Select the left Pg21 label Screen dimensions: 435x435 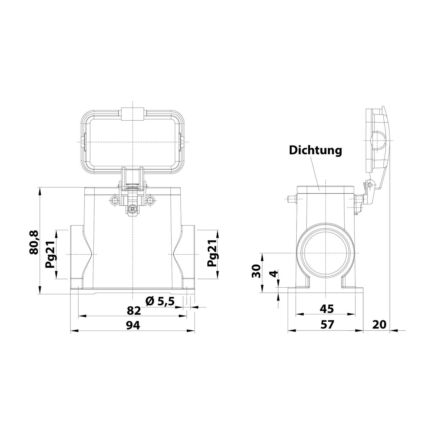coord(50,254)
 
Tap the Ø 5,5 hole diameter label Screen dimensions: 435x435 coord(160,302)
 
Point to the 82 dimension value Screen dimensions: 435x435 coord(134,311)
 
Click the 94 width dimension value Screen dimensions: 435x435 coord(133,325)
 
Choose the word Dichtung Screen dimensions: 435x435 coord(316,150)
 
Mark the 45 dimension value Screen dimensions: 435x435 coord(327,309)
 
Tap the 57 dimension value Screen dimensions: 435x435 coord(327,325)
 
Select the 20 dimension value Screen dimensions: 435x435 coord(379,325)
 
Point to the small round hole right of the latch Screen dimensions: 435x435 coord(150,200)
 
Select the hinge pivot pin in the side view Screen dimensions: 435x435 coord(369,185)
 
